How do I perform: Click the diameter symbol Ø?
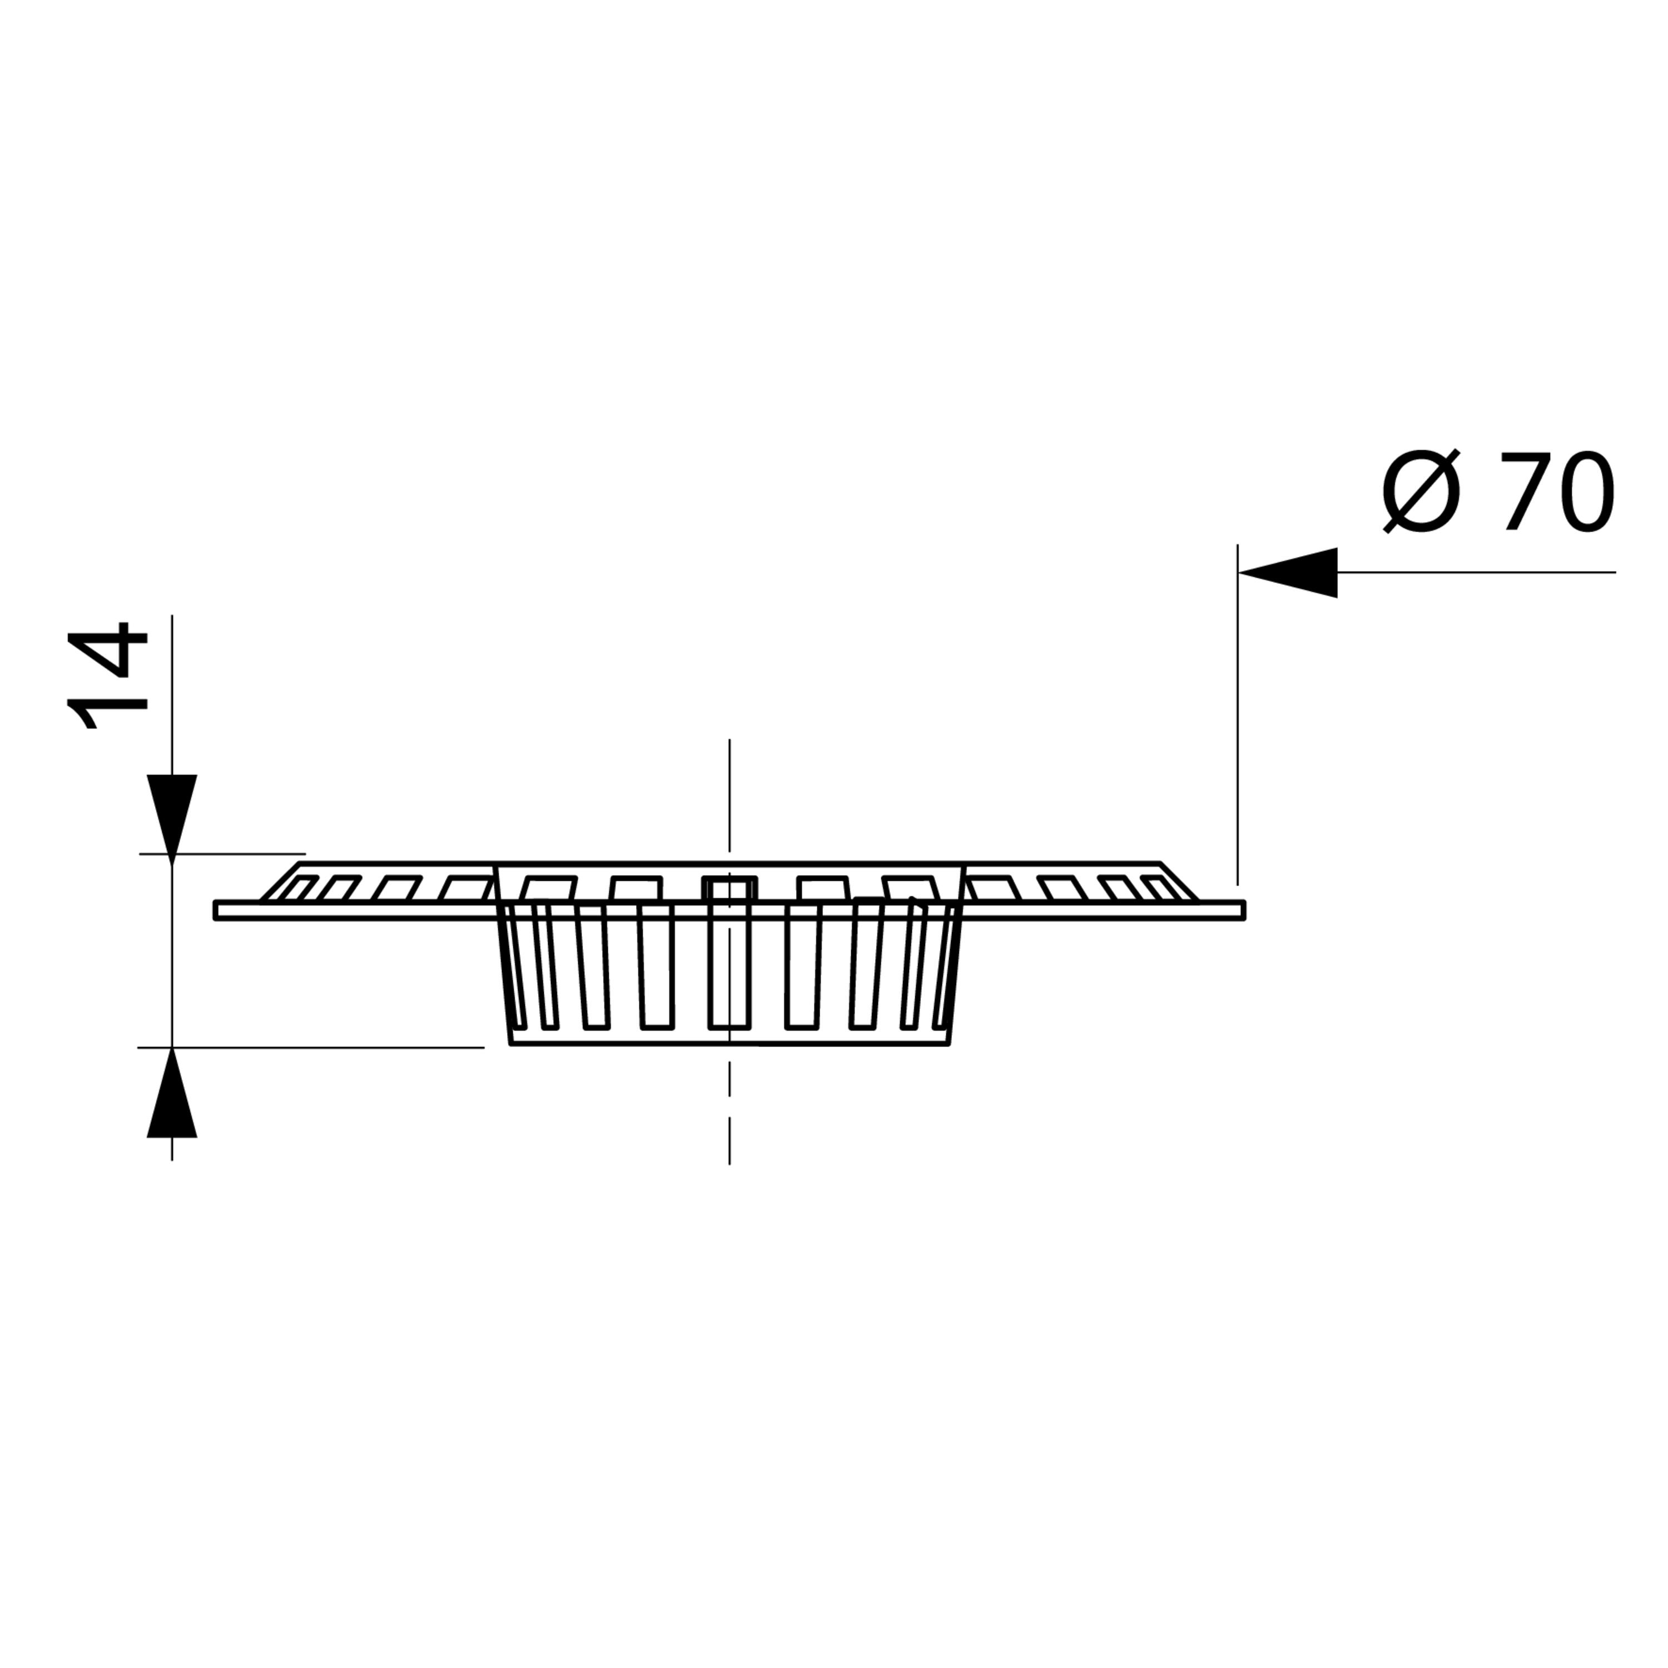[x=1421, y=492]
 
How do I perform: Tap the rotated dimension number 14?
[x=107, y=676]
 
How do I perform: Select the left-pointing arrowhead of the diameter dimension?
[x=1287, y=573]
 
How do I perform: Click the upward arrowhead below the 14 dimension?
[x=172, y=1093]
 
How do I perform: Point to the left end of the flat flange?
[x=215, y=911]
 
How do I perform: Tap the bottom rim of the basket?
[x=729, y=1045]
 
